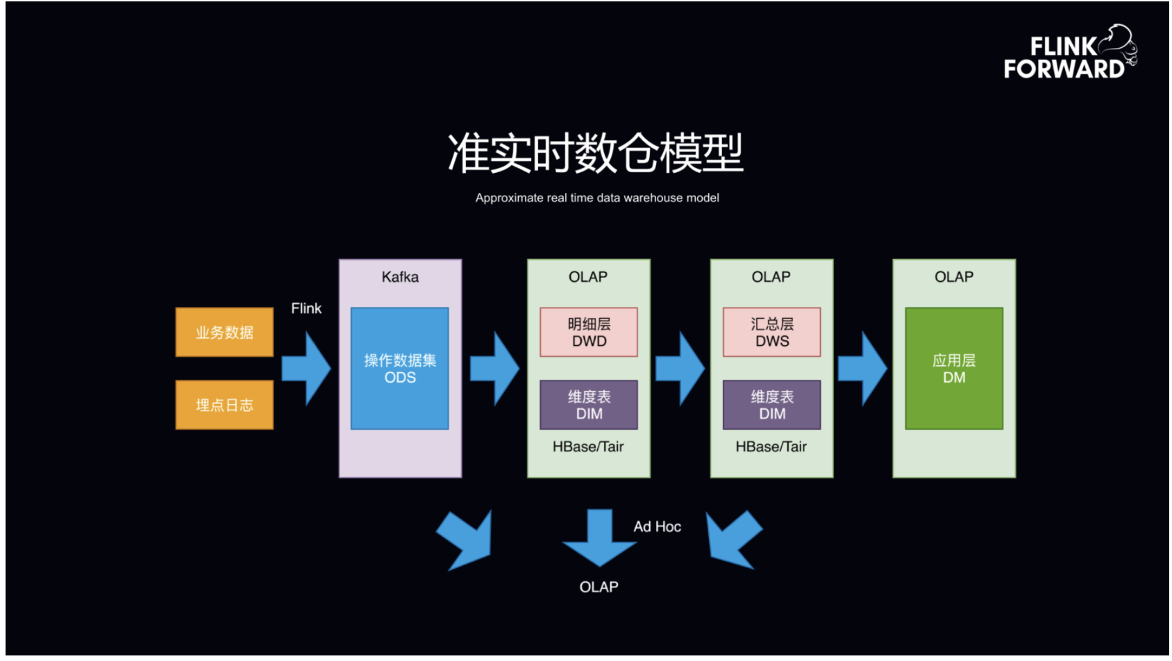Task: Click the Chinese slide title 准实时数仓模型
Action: [x=596, y=153]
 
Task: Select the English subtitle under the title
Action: [x=596, y=198]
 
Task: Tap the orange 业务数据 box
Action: [x=224, y=333]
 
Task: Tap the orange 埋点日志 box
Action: [x=224, y=405]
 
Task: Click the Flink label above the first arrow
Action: [x=306, y=308]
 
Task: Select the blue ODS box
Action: [x=400, y=369]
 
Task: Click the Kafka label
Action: [x=400, y=277]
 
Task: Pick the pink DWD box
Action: [x=589, y=333]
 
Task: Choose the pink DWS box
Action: [x=771, y=333]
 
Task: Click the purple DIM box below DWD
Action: [x=589, y=405]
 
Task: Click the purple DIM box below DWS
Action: [x=771, y=405]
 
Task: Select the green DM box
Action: [x=954, y=369]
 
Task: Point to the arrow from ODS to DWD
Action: [x=494, y=369]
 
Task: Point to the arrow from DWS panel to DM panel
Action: [x=862, y=369]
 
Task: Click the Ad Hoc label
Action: [x=657, y=527]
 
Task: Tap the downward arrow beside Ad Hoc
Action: [x=599, y=538]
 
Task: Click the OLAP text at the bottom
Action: [x=598, y=587]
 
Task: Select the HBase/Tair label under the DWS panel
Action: [x=771, y=447]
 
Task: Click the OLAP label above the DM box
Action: [x=953, y=277]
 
